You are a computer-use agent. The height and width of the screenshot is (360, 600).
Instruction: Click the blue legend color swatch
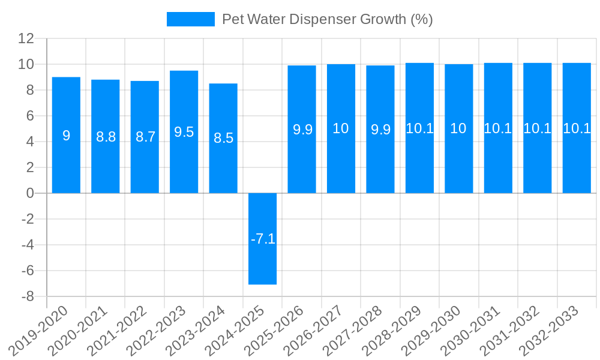point(190,19)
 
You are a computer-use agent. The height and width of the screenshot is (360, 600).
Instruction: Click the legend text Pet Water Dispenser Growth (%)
point(327,19)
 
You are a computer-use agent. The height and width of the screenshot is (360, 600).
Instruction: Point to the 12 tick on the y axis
point(26,38)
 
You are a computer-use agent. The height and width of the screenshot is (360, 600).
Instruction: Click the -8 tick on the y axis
point(26,296)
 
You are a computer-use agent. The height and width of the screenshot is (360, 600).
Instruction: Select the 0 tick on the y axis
point(29,193)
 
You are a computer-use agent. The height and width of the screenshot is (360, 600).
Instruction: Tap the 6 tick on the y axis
point(29,116)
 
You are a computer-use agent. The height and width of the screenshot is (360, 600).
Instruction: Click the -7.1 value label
point(263,239)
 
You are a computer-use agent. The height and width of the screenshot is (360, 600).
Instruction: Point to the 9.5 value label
point(184,132)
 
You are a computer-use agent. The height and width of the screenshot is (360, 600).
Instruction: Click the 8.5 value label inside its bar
point(223,138)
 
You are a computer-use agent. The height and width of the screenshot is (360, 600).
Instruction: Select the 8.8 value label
point(106,137)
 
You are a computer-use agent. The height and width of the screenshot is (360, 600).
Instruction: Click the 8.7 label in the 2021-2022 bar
point(145,137)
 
